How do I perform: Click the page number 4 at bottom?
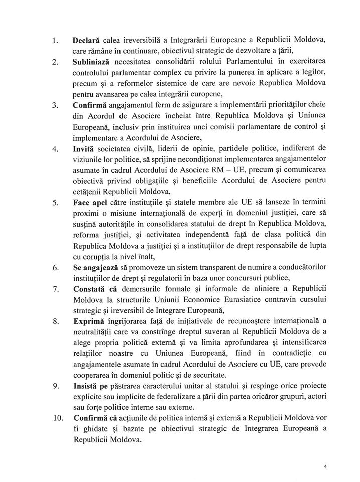[x=326, y=466]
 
